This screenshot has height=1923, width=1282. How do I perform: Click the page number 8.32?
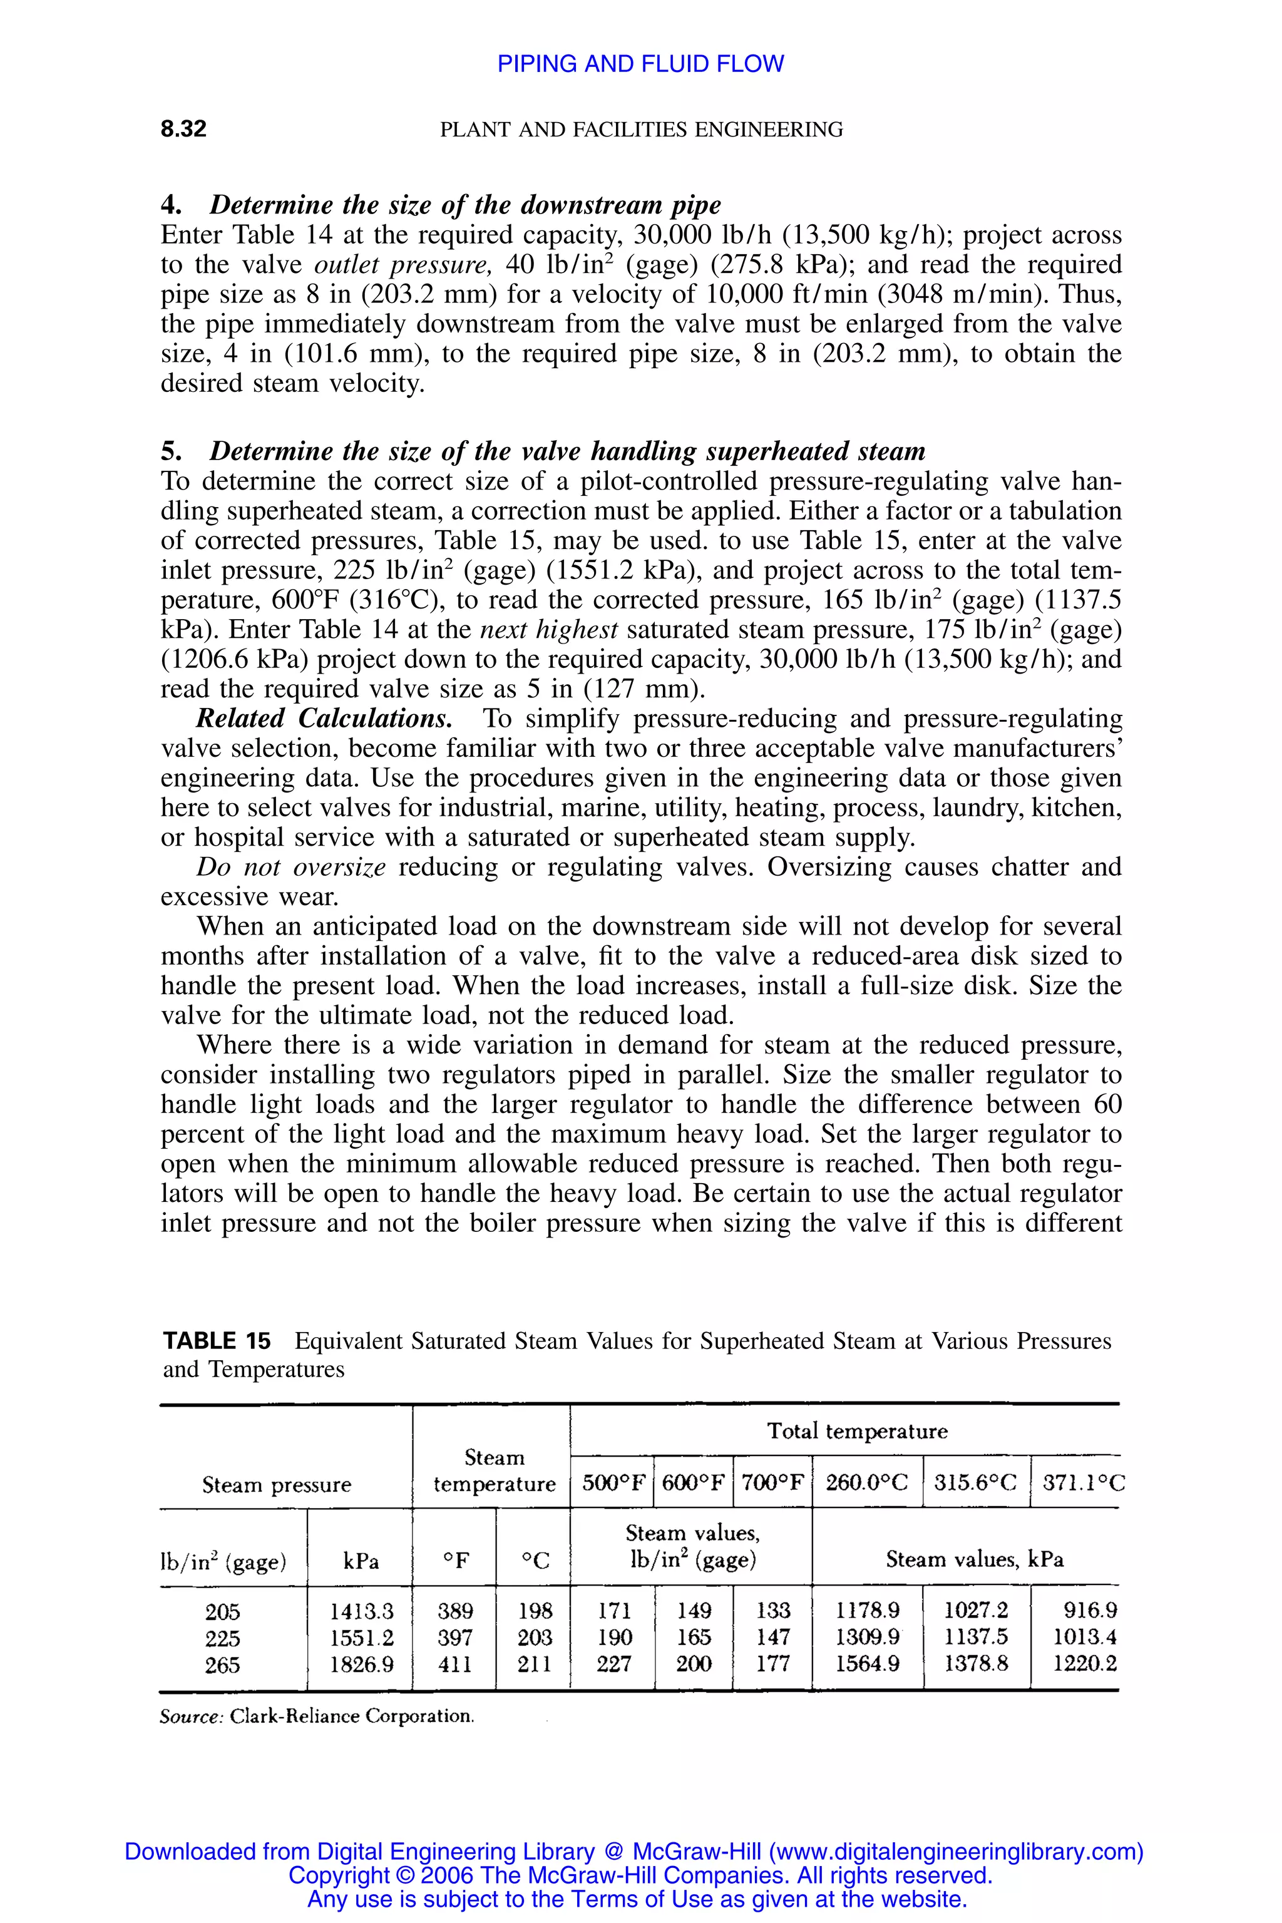point(183,129)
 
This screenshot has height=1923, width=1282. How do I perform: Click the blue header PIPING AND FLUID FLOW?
point(640,64)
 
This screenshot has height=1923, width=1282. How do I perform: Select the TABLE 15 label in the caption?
point(216,1341)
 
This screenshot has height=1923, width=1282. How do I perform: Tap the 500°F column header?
point(613,1482)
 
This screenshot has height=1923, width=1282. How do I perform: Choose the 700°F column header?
point(772,1482)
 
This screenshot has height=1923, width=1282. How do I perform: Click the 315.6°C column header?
point(977,1482)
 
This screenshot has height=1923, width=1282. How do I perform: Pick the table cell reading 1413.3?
point(361,1611)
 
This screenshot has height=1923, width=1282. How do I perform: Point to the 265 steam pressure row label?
point(222,1664)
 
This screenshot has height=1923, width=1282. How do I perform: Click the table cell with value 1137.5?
point(977,1637)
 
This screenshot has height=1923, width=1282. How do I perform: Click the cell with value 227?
point(613,1664)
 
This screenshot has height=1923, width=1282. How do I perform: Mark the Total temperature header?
point(857,1431)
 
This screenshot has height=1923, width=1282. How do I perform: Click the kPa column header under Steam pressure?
point(361,1561)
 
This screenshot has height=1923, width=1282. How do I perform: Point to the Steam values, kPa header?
point(975,1559)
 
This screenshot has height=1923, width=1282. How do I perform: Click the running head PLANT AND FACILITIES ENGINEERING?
point(641,129)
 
